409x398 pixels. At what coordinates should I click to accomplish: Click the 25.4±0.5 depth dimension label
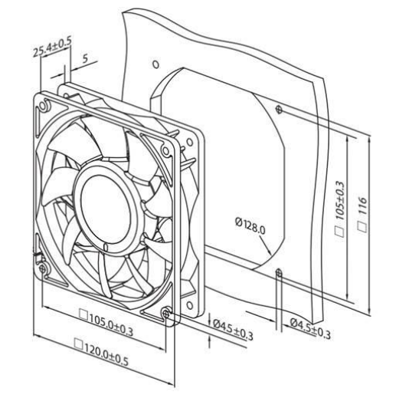pos(52,48)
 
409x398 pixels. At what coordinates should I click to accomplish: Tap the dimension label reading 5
pos(85,59)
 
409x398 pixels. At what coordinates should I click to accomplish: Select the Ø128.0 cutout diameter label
pos(250,226)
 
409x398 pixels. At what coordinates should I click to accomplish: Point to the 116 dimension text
pos(362,206)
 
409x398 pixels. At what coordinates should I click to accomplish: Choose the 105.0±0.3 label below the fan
pos(111,324)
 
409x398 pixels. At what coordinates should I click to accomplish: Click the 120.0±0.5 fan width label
pos(106,354)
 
